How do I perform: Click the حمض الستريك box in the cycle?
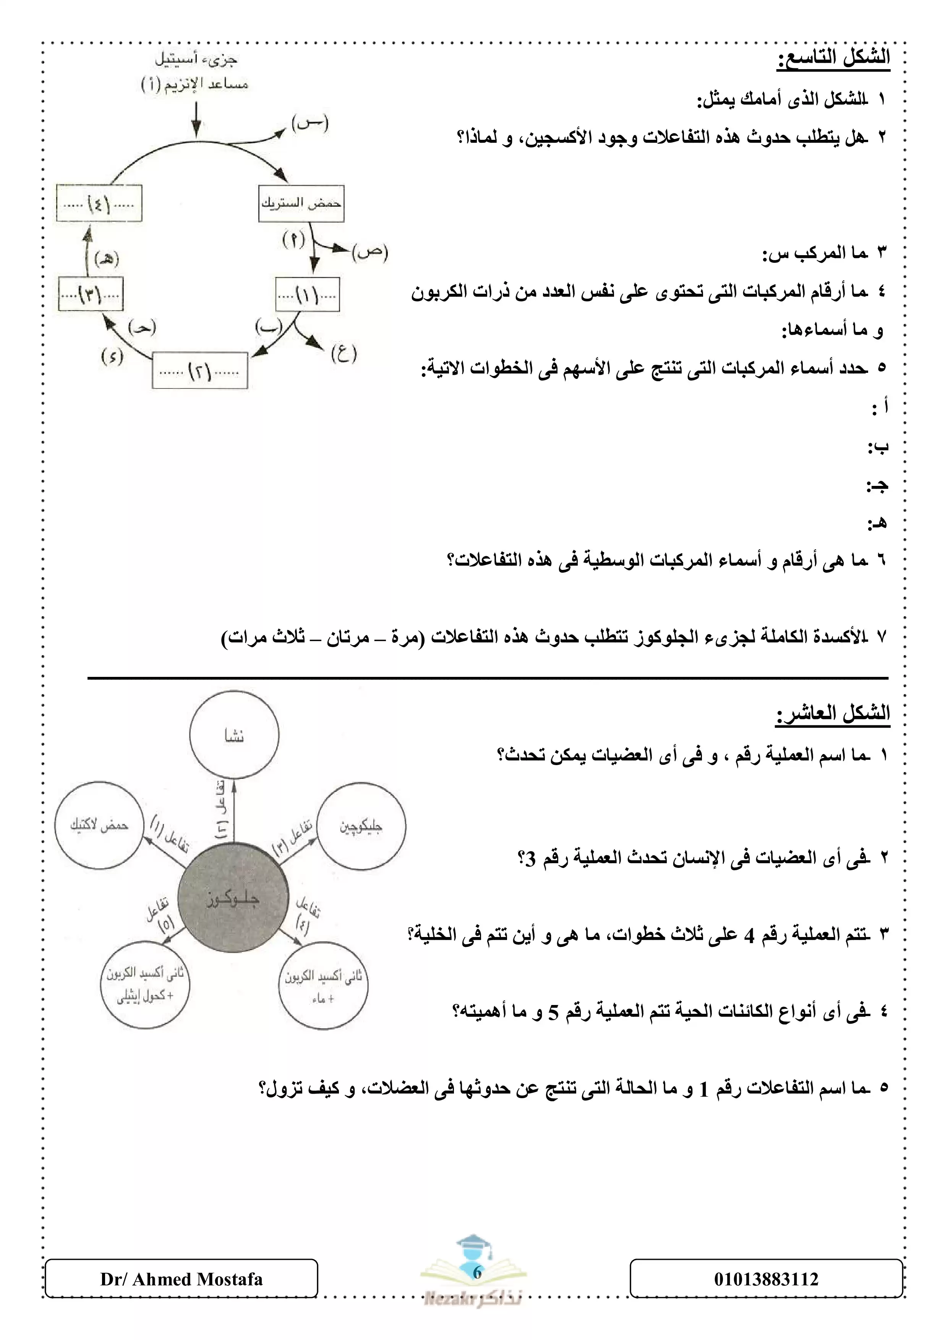(x=301, y=204)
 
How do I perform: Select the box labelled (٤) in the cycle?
(x=99, y=203)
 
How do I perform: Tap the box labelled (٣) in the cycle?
(x=91, y=294)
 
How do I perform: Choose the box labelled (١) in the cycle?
(x=307, y=294)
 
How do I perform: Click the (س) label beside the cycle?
(x=310, y=123)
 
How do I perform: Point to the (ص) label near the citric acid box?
(x=369, y=252)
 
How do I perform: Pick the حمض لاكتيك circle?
(x=99, y=825)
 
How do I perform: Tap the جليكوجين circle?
(x=361, y=826)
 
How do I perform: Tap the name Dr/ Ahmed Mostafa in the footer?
(x=181, y=1279)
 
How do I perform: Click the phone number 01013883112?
(x=766, y=1279)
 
